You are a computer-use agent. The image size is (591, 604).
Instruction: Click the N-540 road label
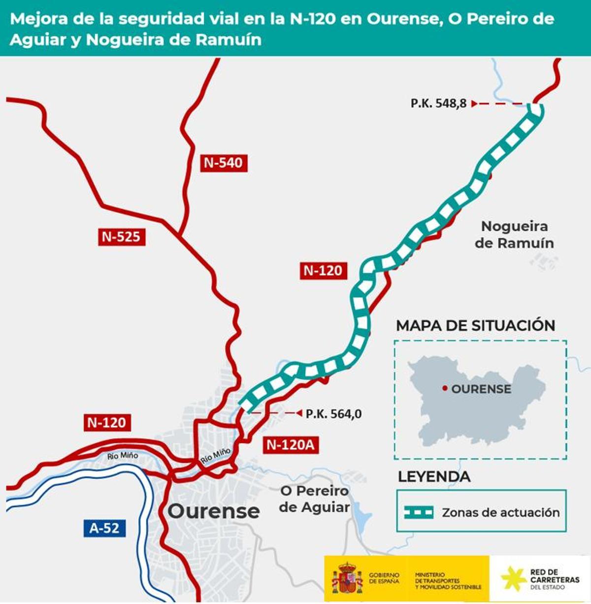point(224,163)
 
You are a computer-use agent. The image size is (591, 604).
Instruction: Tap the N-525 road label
point(121,237)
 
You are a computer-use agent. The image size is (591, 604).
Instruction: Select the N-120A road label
point(290,445)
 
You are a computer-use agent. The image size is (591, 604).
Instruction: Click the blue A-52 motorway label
point(104,528)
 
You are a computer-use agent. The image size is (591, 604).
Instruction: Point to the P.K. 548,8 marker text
point(438,103)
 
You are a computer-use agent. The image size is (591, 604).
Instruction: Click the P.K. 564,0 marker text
point(333,414)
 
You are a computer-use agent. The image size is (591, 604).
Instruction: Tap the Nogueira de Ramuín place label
point(514,235)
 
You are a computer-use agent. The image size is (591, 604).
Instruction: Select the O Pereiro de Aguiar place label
point(314,499)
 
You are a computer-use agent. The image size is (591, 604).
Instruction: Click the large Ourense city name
point(213,511)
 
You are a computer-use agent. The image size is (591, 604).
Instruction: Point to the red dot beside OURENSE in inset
point(445,389)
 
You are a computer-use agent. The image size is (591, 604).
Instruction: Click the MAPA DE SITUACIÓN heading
point(475,326)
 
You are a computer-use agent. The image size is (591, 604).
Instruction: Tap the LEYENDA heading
point(434,477)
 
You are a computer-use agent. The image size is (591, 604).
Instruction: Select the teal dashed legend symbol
point(419,512)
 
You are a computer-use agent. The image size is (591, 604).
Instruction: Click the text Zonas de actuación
point(500,512)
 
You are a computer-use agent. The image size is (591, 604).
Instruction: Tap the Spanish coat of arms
point(347,578)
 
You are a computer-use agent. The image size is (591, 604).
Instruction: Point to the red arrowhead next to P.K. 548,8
point(474,103)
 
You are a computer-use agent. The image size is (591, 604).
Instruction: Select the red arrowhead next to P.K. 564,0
point(298,413)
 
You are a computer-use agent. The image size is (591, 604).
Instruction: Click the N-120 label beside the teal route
point(323,270)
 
